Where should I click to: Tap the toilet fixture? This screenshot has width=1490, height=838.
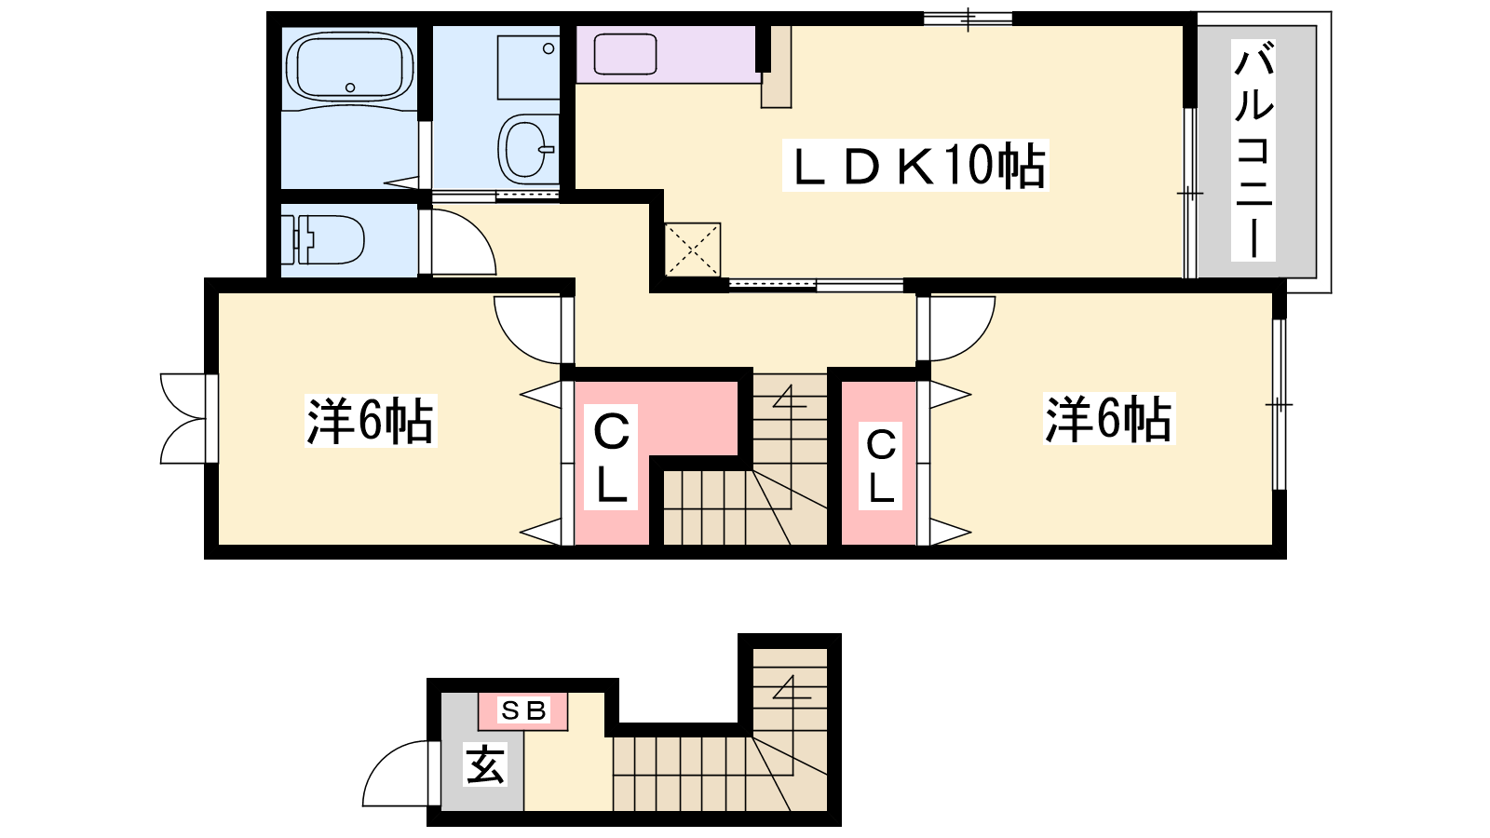pos(322,239)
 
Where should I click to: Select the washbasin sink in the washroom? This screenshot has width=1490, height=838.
pos(528,149)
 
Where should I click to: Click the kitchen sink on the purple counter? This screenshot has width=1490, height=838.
pos(625,54)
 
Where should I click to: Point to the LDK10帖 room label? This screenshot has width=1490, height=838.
pos(916,165)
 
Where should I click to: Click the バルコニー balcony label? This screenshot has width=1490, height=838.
pos(1253,150)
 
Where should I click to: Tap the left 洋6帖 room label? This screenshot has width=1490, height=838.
pos(371,420)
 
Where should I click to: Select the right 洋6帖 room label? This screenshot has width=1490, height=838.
pos(1109,419)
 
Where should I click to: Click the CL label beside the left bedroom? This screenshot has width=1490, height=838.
pos(611,457)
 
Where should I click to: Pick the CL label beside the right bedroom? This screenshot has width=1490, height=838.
pos(880,466)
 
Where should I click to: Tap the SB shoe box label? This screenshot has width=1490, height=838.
pos(523,710)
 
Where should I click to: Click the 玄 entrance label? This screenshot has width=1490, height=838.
pos(485,764)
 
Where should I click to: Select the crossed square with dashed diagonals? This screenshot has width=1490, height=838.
pos(693,250)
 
